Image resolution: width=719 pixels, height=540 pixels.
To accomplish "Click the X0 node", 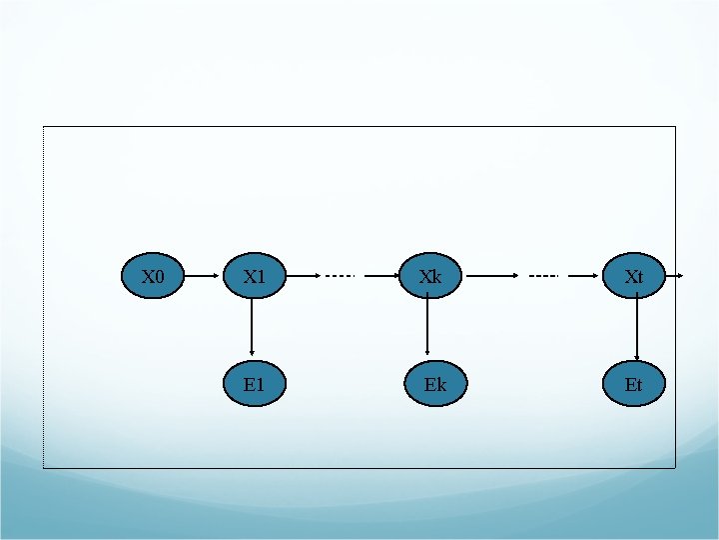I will [152, 276].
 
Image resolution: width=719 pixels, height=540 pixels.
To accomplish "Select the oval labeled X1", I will [254, 276].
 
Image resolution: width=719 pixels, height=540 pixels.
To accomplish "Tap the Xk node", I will [430, 276].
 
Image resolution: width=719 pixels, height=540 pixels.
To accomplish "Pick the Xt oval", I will [634, 276].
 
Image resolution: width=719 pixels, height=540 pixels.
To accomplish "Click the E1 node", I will [254, 384].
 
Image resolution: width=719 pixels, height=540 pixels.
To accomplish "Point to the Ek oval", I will [435, 384].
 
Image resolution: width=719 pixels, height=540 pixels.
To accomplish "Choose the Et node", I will [634, 384].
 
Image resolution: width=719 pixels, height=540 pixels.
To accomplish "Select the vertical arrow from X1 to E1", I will [252, 327].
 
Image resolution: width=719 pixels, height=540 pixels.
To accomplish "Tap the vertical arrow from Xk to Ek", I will [427, 327].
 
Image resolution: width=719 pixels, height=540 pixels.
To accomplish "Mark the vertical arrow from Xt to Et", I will [636, 329].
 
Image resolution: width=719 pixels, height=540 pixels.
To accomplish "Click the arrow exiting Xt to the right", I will [675, 275].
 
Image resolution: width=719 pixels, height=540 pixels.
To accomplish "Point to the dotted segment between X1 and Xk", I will [340, 275].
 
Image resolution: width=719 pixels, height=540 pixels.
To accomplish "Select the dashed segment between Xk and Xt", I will [544, 275].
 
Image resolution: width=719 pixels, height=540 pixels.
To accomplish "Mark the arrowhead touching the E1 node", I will [252, 351].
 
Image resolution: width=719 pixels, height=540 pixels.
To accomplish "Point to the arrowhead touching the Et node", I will [636, 357].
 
